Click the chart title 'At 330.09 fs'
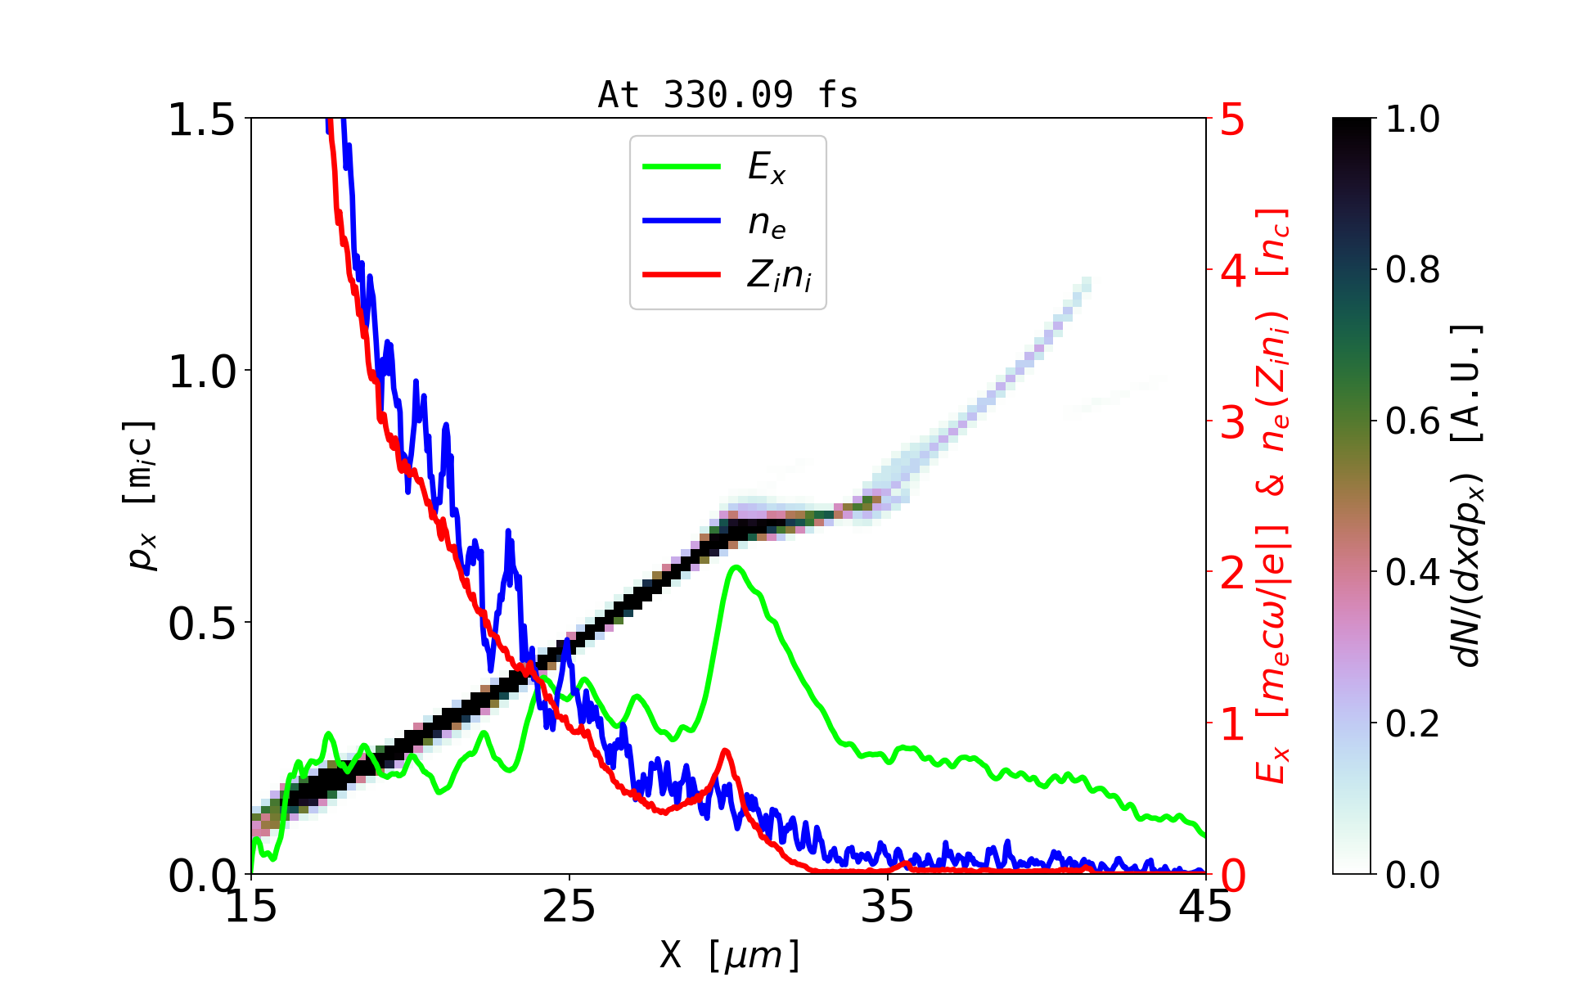[727, 95]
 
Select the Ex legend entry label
[767, 168]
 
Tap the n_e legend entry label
[767, 223]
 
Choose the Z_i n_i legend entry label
[779, 276]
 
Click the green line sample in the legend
[682, 167]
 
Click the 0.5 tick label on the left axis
[201, 624]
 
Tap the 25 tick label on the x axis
[569, 907]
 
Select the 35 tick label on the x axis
[888, 907]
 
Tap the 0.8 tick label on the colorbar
[1412, 270]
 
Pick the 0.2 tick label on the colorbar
[1412, 723]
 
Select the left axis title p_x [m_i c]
[140, 495]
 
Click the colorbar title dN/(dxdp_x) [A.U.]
[1468, 495]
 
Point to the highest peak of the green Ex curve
[736, 566]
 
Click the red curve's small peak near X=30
[725, 750]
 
